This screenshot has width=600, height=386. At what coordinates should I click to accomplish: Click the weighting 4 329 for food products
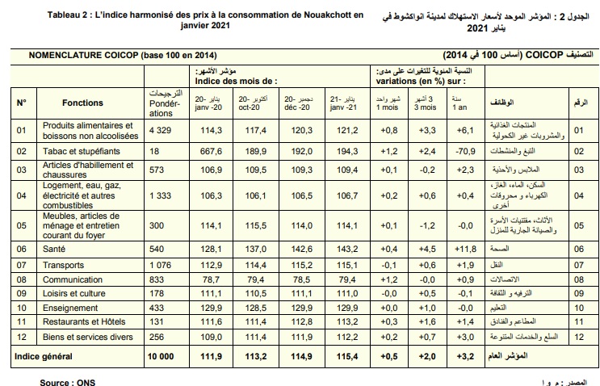(x=161, y=130)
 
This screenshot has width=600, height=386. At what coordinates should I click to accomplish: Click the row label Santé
(x=55, y=249)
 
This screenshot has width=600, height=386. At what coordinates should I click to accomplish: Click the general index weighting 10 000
(x=161, y=355)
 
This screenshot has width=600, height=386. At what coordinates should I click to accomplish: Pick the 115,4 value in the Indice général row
(x=346, y=355)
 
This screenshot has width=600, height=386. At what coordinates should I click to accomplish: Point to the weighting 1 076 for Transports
(x=161, y=264)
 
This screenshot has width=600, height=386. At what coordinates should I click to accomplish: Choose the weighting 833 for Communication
(x=157, y=279)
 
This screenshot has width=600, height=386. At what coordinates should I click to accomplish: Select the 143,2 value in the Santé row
(x=346, y=249)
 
